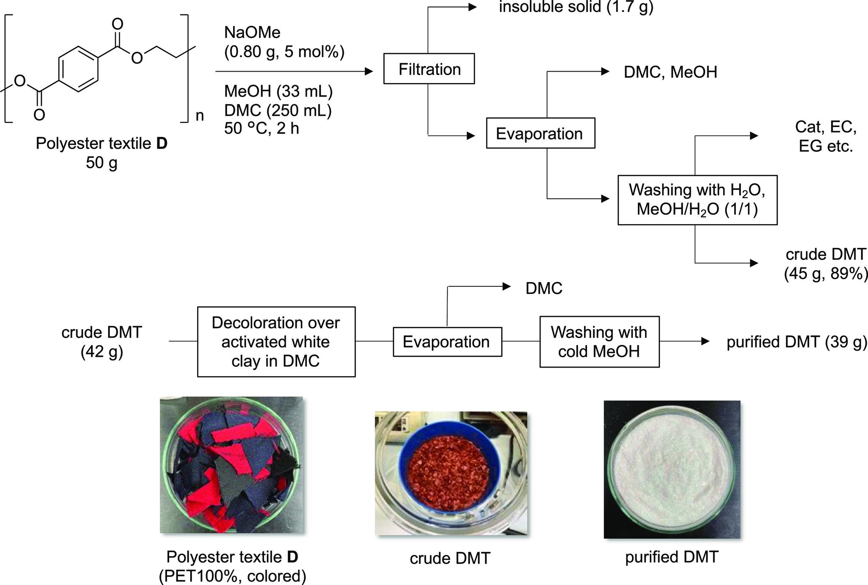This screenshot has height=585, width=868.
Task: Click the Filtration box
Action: (429, 69)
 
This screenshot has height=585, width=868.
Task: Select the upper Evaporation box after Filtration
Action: (540, 133)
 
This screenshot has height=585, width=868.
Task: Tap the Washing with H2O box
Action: (697, 200)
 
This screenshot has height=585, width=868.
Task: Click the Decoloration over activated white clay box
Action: (276, 342)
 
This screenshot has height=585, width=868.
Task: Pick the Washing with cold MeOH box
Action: (599, 342)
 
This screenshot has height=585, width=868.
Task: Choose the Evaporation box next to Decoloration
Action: (447, 342)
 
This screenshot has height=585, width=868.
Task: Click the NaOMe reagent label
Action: (252, 33)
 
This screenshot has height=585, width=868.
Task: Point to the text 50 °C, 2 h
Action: (262, 128)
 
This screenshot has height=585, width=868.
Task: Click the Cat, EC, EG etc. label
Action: (825, 136)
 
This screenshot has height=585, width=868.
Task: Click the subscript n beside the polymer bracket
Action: (200, 115)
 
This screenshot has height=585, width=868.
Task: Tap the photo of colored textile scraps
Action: (231, 465)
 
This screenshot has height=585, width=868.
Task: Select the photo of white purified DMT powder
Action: (672, 469)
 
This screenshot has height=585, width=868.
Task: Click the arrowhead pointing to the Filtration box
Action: (368, 72)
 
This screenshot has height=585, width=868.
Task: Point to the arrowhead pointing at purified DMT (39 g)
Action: (705, 341)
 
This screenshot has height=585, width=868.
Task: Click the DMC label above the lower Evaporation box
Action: (544, 288)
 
